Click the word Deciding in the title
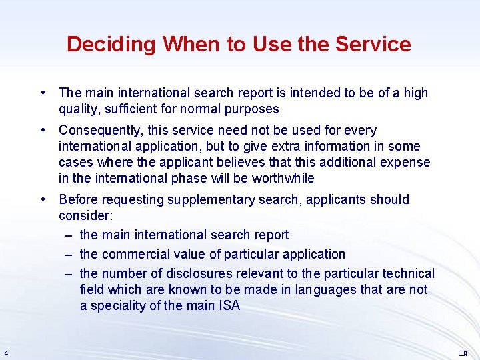point(111,45)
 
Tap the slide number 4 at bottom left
point(5,353)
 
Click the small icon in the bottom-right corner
point(463,353)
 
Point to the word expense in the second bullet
point(407,162)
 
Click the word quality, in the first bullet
point(80,109)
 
